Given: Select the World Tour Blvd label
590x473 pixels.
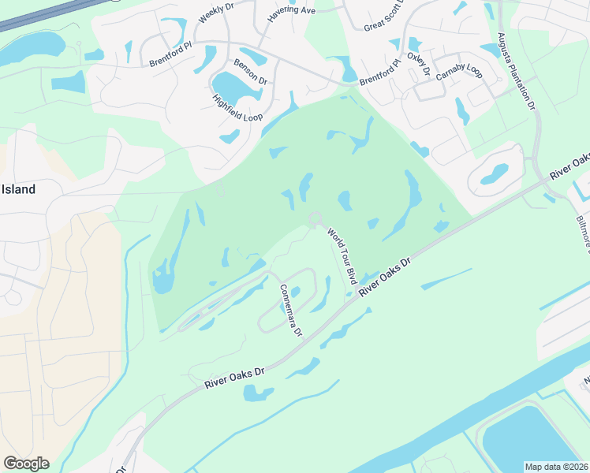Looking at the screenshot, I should click(342, 257).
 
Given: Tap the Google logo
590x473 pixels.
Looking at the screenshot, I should click(26, 464).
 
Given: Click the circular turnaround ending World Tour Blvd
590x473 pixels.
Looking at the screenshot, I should click(316, 218).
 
